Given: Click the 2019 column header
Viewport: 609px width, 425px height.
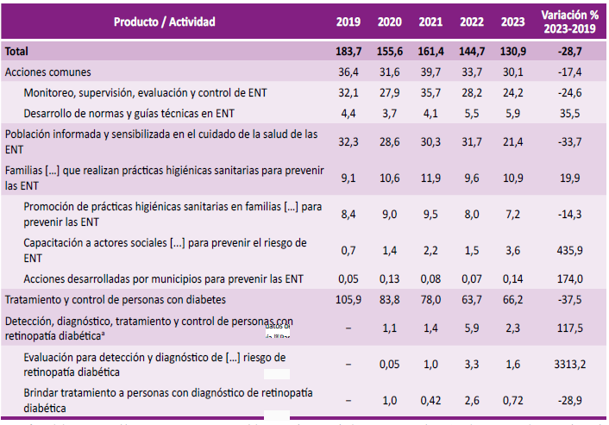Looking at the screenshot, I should coord(348,21).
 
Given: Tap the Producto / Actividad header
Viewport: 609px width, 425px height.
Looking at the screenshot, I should coord(165,21).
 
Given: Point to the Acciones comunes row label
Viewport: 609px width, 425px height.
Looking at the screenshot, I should coord(48,72).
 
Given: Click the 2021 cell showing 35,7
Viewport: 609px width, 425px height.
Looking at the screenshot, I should coord(430,92).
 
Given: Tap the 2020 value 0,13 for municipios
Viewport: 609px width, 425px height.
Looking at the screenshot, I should coord(389,278).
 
